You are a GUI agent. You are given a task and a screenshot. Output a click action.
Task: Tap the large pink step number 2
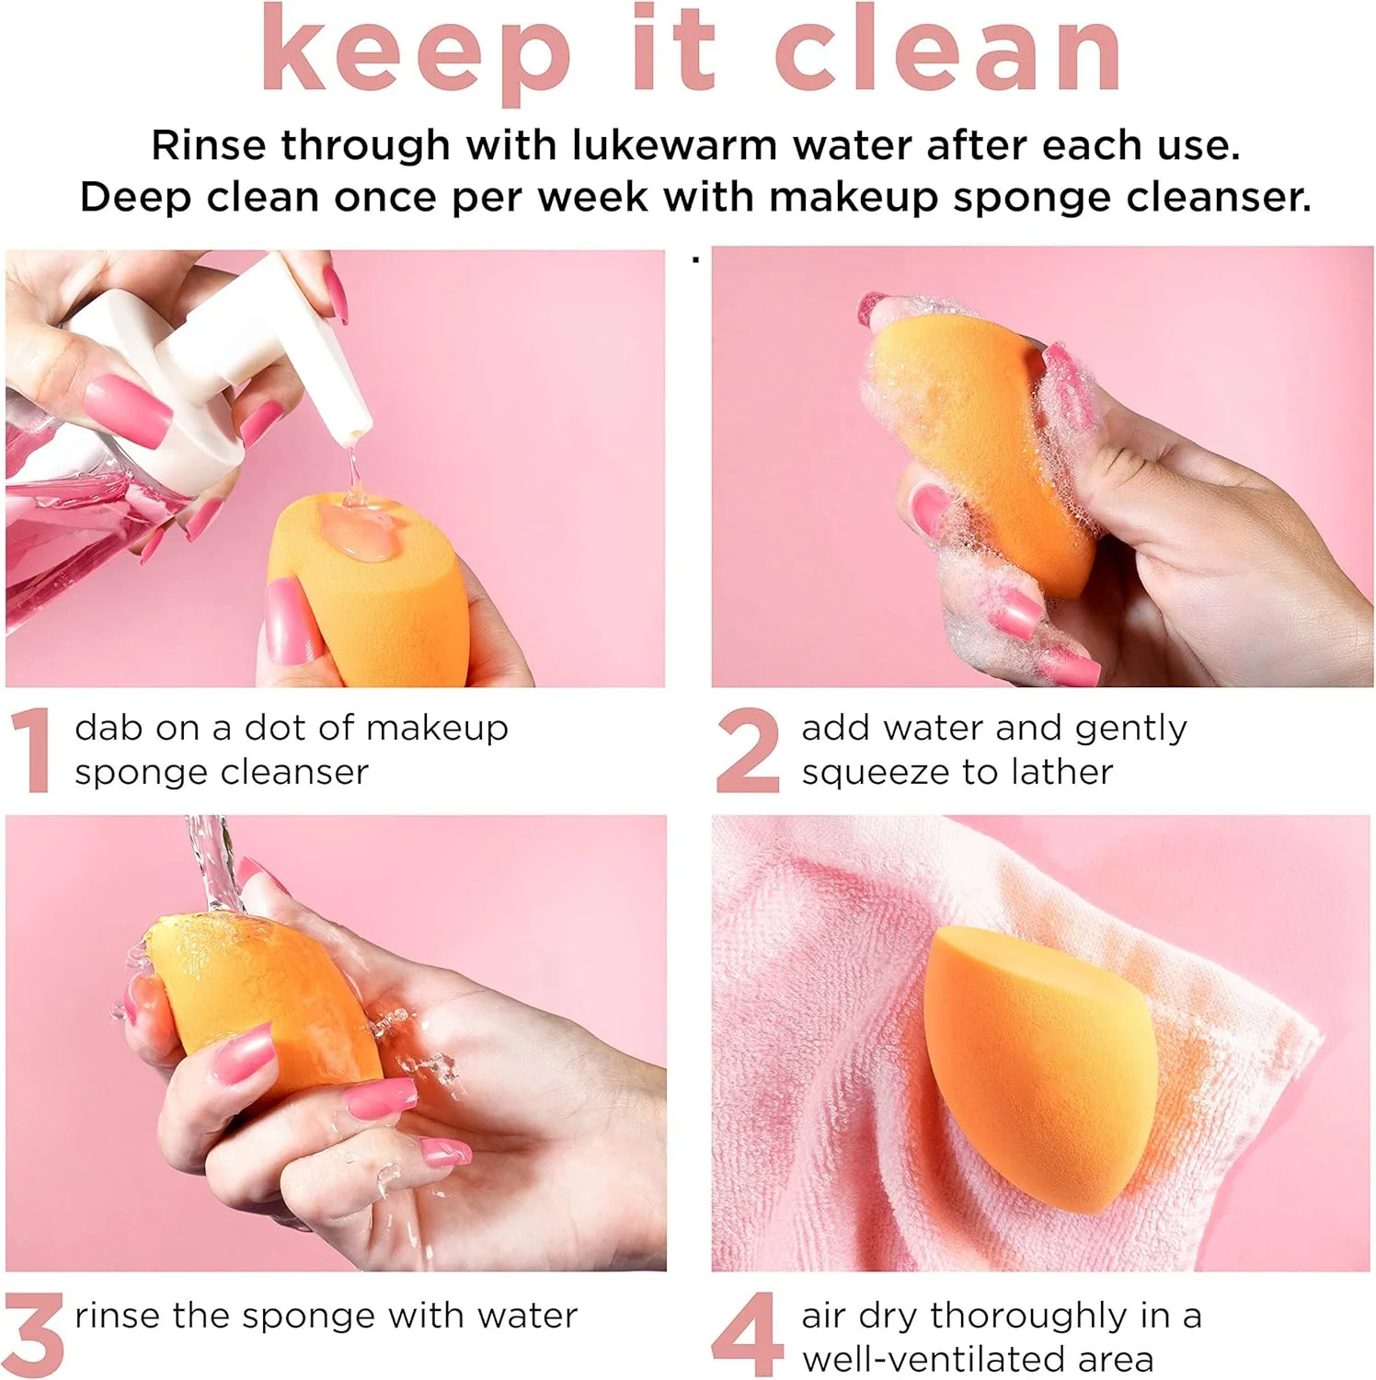click(748, 750)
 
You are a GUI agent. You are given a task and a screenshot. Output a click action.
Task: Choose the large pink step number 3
click(33, 1334)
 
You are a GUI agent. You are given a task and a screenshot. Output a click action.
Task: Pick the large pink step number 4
click(748, 1334)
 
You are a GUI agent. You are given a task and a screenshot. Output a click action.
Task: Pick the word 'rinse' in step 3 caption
click(118, 1316)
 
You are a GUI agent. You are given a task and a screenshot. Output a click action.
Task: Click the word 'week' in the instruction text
click(593, 197)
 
